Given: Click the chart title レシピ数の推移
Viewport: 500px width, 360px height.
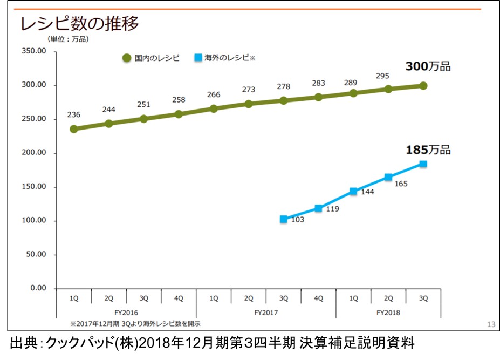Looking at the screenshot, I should [79, 24].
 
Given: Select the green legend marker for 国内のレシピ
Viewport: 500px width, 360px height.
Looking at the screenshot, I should [127, 58].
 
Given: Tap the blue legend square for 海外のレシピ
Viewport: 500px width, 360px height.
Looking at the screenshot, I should [198, 57].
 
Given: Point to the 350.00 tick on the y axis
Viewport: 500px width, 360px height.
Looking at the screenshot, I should [34, 51].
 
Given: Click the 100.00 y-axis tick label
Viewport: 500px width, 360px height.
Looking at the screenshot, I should [34, 221].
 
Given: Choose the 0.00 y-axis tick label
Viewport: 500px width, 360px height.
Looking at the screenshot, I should [38, 288].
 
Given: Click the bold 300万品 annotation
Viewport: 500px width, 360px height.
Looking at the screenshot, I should [428, 67].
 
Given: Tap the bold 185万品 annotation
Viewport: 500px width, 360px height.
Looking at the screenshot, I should [428, 150].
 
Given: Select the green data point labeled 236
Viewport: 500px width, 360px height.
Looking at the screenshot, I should [74, 129].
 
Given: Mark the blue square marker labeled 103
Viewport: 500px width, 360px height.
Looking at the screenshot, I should [284, 219].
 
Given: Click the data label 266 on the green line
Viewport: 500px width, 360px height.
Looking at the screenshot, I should [214, 95].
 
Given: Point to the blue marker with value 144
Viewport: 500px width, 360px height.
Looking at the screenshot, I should [353, 191].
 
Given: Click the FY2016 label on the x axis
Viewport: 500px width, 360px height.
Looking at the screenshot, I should [126, 312].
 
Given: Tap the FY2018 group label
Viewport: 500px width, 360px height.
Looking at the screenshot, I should [388, 312].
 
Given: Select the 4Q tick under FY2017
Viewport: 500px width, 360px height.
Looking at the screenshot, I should [318, 298].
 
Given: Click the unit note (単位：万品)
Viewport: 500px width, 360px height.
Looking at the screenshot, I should [68, 39].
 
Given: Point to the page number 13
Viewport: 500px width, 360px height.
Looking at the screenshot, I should [490, 324].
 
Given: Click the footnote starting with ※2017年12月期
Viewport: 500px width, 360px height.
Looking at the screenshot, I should [135, 323].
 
